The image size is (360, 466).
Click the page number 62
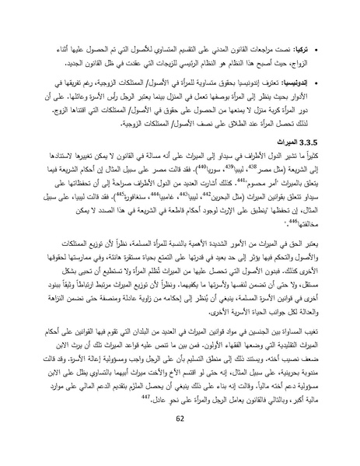(x=180, y=442)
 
